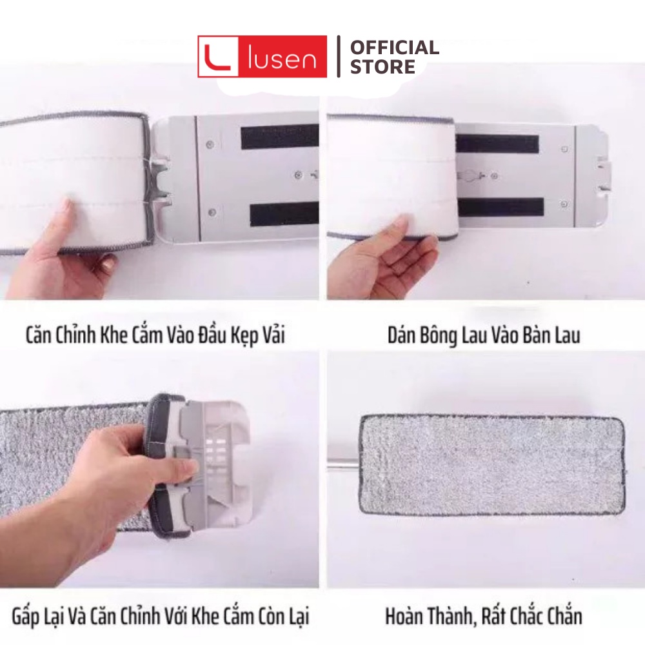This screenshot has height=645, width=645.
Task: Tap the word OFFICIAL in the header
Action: (394, 47)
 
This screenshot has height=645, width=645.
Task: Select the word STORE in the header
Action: (382, 67)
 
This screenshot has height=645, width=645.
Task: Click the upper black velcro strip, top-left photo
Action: (279, 137)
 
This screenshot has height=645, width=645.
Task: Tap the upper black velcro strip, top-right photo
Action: (497, 143)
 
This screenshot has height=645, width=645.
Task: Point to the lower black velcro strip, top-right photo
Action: (501, 207)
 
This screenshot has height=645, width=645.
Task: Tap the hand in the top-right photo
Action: (381, 258)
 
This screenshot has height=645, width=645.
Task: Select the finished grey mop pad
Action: (490, 464)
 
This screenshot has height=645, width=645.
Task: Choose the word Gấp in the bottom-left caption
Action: (32, 616)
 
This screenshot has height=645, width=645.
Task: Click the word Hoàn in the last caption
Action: (406, 616)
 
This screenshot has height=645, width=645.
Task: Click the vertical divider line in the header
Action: (339, 57)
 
